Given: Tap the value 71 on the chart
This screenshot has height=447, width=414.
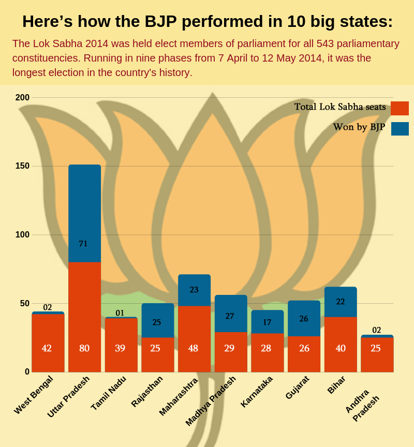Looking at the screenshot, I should pyautogui.click(x=83, y=244).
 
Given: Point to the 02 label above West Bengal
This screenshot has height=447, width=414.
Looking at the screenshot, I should pyautogui.click(x=48, y=307).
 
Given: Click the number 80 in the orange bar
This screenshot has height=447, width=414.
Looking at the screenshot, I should pyautogui.click(x=84, y=348).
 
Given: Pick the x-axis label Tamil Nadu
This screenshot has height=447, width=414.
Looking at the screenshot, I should pyautogui.click(x=109, y=393).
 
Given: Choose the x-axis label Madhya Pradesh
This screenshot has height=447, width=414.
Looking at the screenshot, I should pyautogui.click(x=211, y=401).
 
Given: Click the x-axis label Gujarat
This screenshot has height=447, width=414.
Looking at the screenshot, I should pyautogui.click(x=297, y=388).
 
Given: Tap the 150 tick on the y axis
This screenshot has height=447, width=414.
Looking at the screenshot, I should pyautogui.click(x=22, y=166).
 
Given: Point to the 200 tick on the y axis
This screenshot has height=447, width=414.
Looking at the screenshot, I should pyautogui.click(x=22, y=97).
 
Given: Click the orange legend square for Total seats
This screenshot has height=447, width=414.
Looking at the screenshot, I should pyautogui.click(x=400, y=108).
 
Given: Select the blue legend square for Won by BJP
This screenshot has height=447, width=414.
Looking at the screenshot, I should pyautogui.click(x=400, y=129).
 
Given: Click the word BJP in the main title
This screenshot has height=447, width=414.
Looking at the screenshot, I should pyautogui.click(x=160, y=22).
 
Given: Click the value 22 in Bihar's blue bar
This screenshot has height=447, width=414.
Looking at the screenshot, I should pyautogui.click(x=341, y=302).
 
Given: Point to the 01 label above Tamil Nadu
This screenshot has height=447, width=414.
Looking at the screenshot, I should pyautogui.click(x=120, y=313).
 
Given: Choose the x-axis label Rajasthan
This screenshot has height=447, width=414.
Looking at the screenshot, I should pyautogui.click(x=147, y=391).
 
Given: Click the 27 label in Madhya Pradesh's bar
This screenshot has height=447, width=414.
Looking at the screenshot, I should pyautogui.click(x=230, y=316).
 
